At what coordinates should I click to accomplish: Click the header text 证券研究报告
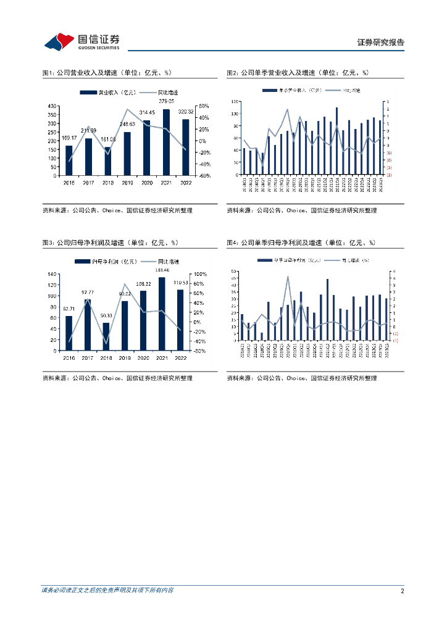[x=381, y=43]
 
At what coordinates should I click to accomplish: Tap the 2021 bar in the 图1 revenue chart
[x=166, y=142]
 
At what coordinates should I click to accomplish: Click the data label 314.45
[x=147, y=112]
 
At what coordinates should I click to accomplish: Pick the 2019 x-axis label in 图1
[x=127, y=183]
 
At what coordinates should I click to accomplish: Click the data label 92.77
[x=88, y=292]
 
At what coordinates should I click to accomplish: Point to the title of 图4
[x=301, y=243]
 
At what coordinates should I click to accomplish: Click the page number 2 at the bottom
[x=402, y=591]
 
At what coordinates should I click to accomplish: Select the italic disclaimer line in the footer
[x=107, y=591]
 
